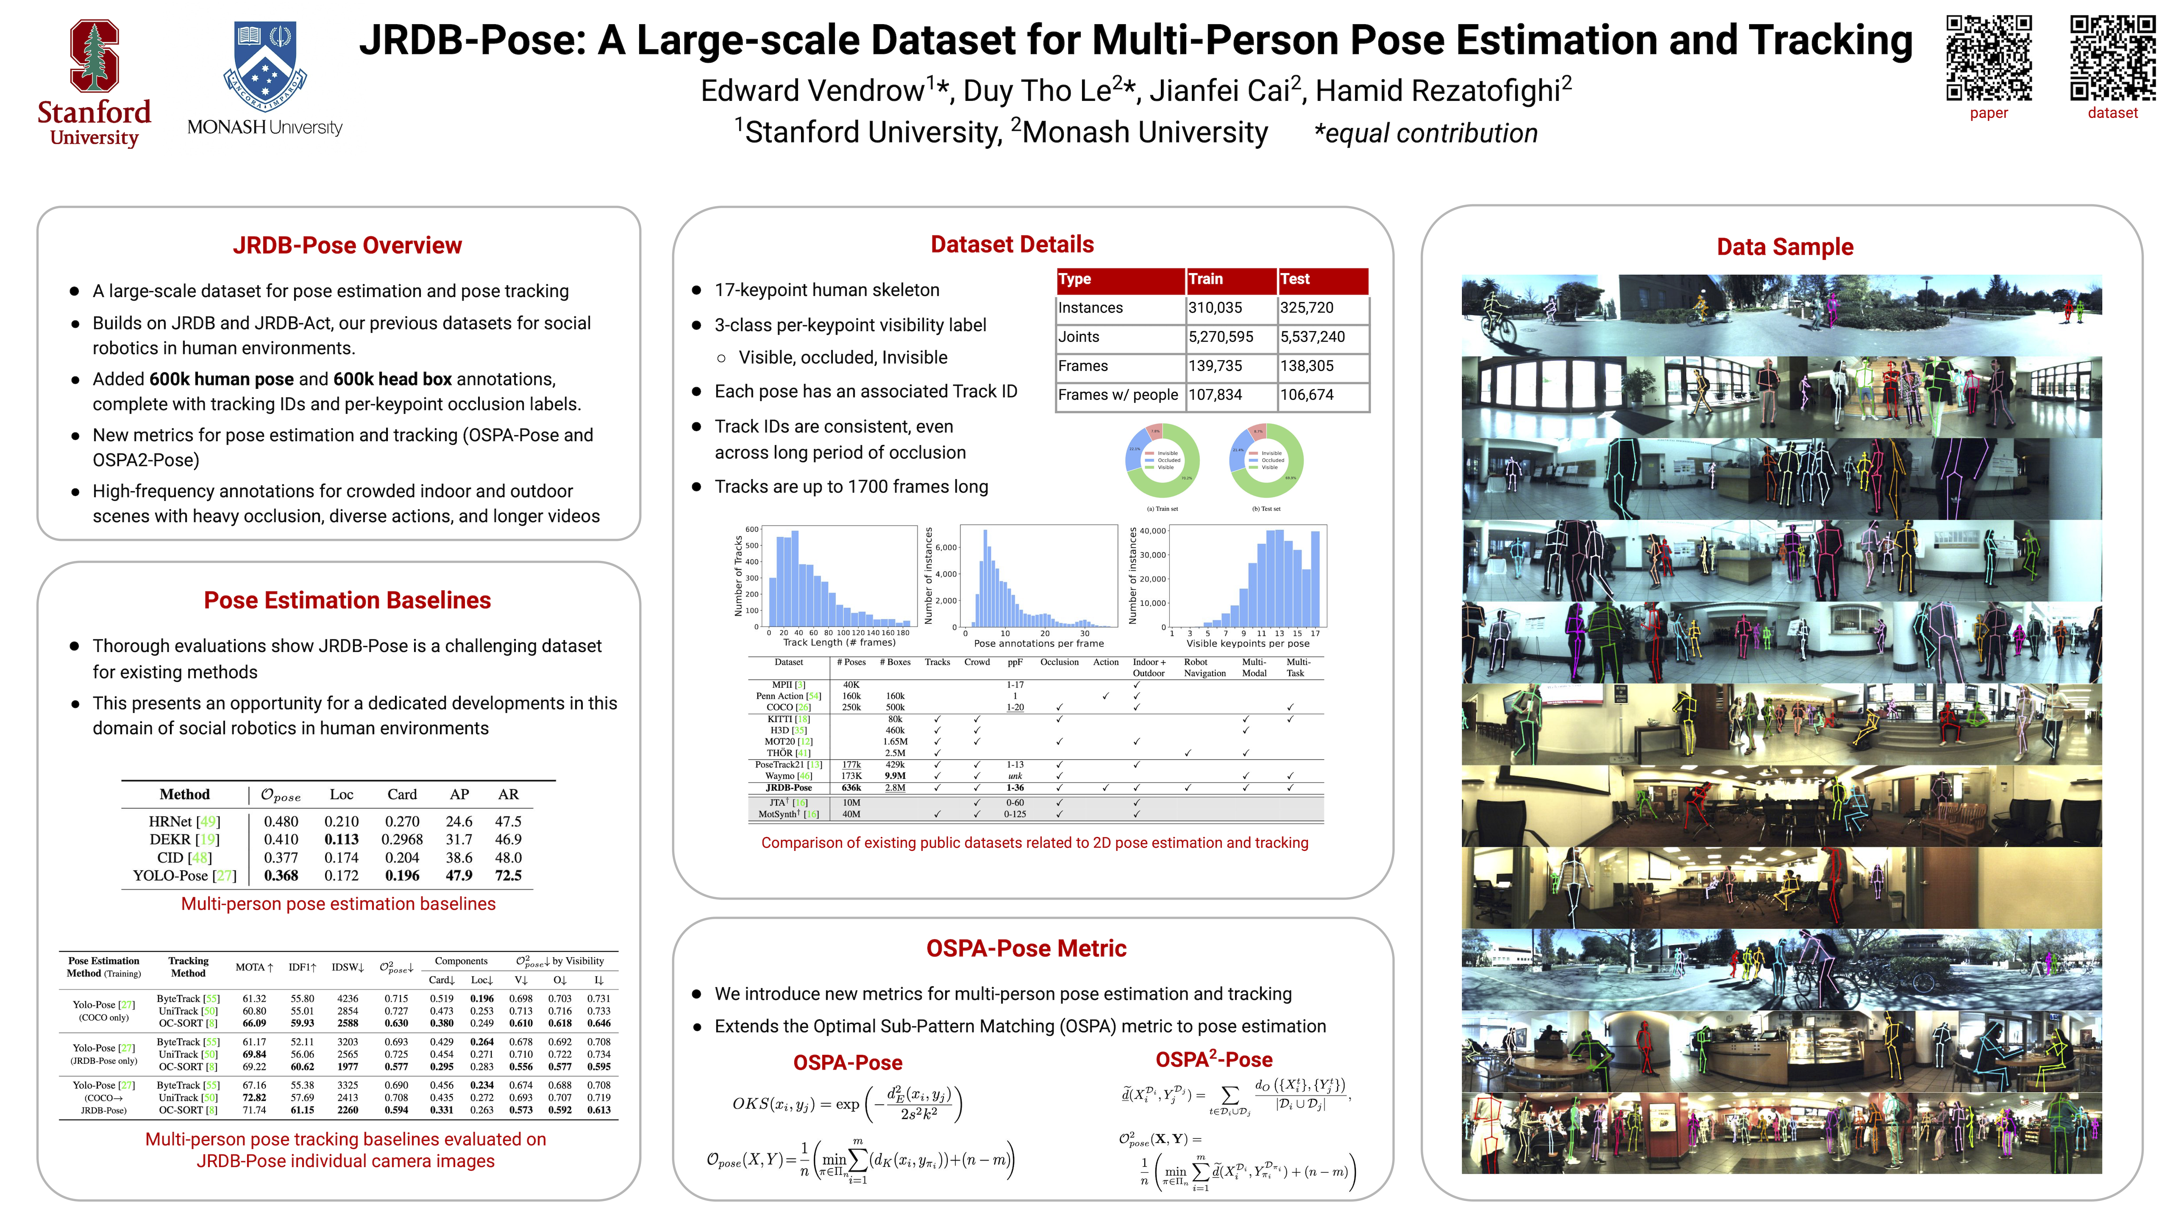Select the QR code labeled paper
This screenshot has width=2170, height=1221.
point(1988,57)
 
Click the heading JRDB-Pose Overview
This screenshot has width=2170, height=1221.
point(347,245)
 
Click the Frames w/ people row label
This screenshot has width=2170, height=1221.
point(1118,395)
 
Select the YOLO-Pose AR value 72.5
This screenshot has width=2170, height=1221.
point(508,875)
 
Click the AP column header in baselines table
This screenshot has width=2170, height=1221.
point(459,794)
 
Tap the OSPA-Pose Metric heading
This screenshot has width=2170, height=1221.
point(1025,949)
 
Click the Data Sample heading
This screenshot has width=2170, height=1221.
point(1784,247)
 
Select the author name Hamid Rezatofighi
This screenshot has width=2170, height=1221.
point(1443,90)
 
